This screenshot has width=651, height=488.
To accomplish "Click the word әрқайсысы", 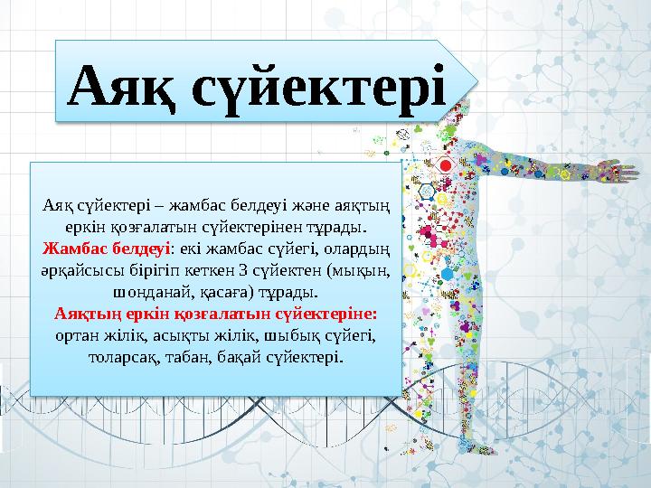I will point(81,269).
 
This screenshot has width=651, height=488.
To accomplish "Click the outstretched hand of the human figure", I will point(618,169).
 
